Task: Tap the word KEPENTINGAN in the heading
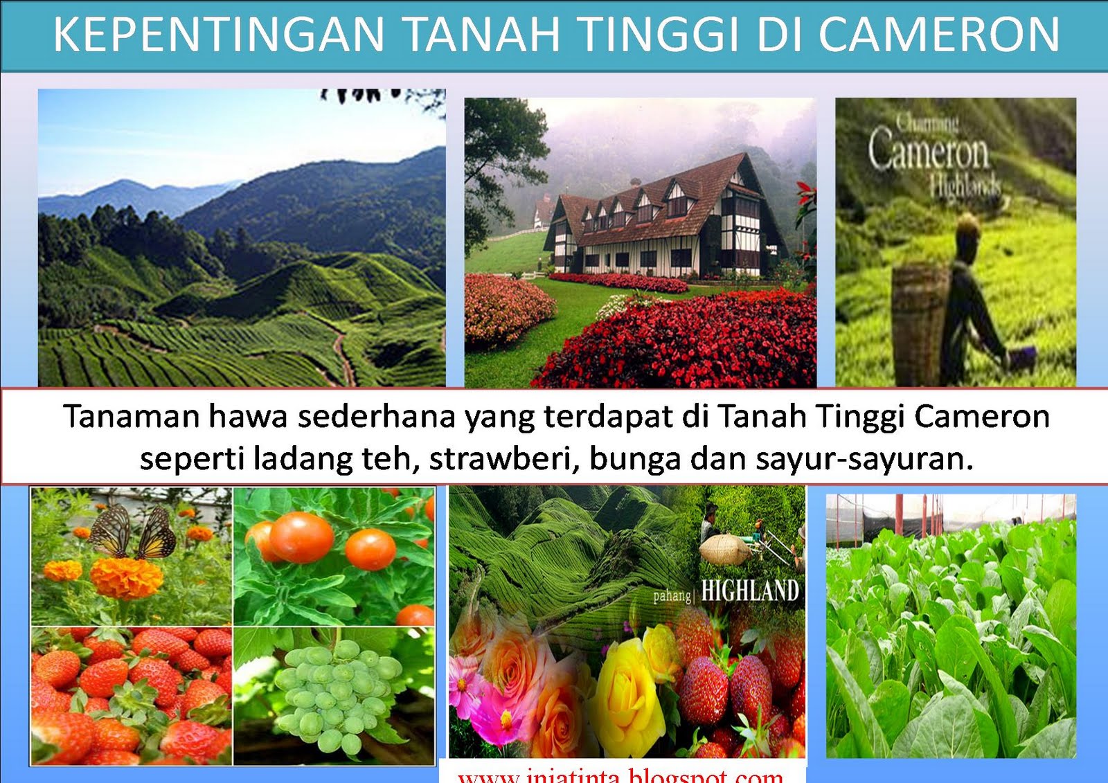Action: coord(218,35)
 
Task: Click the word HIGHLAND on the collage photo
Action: coord(750,591)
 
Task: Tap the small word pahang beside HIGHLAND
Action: coord(672,595)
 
